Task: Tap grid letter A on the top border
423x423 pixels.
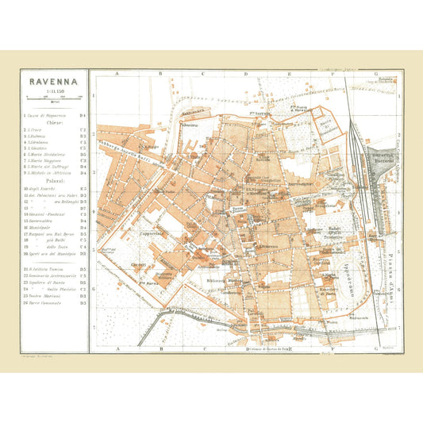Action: (116, 73)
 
